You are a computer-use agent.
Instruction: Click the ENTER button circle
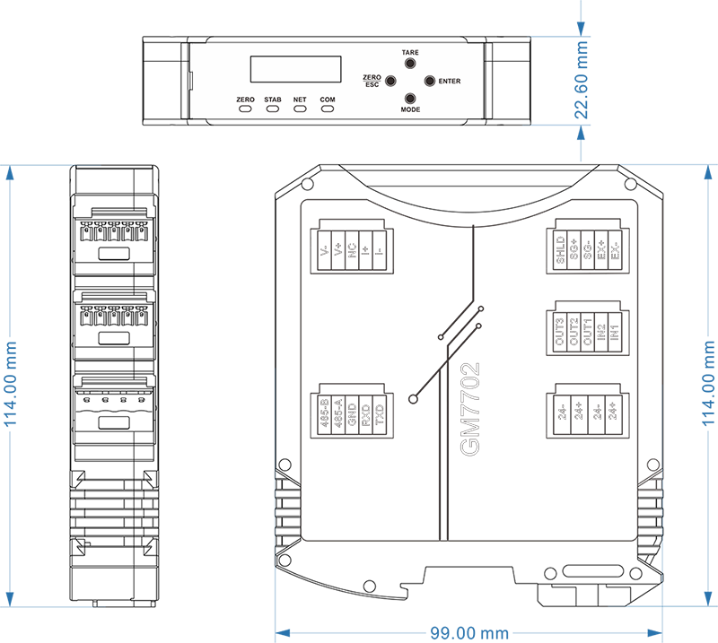click(429, 81)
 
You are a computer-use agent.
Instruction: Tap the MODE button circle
click(410, 99)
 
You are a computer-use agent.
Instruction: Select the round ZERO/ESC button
click(391, 81)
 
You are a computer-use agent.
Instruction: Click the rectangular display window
click(295, 69)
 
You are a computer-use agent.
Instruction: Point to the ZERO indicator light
click(246, 109)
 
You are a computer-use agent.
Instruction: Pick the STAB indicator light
click(273, 109)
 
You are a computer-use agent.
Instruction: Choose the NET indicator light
click(300, 109)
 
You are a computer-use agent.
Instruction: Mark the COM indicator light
click(328, 109)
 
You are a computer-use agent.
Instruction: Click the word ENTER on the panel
click(450, 82)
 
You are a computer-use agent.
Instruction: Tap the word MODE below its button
click(410, 109)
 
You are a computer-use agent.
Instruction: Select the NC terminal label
click(353, 254)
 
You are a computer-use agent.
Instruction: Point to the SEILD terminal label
click(560, 250)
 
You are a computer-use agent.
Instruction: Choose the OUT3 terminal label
click(560, 333)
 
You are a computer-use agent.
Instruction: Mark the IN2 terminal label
click(601, 333)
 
